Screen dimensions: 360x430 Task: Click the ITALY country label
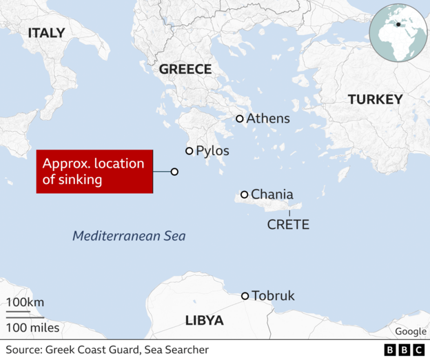coord(47,33)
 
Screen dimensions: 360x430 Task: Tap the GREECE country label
coord(185,69)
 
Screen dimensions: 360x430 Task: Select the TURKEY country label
coord(375,99)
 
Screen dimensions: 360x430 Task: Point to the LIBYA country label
coord(205,321)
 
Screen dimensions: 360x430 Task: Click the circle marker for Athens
coord(240,119)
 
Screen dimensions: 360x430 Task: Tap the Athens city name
coord(268,119)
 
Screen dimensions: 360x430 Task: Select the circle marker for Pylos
coord(189,150)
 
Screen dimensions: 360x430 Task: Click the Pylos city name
coord(212,150)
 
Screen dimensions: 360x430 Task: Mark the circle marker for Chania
coord(244,194)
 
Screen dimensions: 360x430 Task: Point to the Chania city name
coord(272,194)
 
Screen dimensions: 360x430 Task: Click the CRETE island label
coord(288,225)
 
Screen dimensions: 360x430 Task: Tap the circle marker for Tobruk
coord(245,296)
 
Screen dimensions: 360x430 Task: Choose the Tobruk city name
coord(273,296)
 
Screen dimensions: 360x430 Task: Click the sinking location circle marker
coord(174,172)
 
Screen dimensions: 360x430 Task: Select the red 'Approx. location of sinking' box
coord(94,172)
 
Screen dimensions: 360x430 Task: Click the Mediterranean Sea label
coord(129,236)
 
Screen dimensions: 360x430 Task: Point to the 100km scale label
coord(25,303)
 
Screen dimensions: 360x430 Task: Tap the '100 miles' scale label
coord(33,328)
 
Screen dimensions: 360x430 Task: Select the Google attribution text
coord(411,332)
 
